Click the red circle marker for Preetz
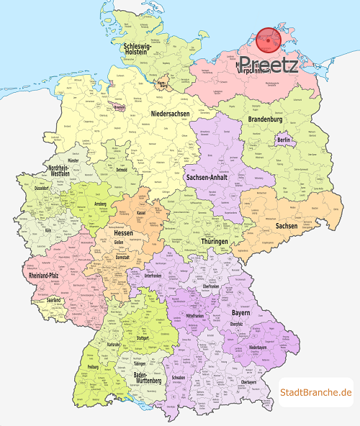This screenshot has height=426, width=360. (x=269, y=41)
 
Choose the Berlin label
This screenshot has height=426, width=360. (x=283, y=140)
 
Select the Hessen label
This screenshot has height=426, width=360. (x=124, y=234)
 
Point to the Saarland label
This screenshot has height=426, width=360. (x=53, y=299)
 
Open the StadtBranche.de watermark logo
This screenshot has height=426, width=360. (x=315, y=392)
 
